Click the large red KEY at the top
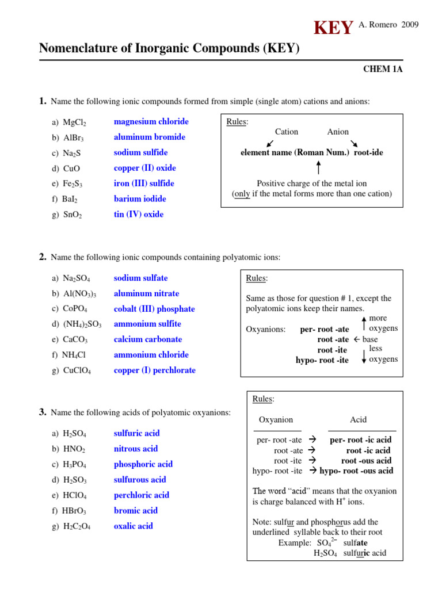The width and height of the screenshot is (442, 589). tap(333, 28)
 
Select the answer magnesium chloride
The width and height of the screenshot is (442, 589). tap(151, 122)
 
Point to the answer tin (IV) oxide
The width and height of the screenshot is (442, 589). tap(138, 215)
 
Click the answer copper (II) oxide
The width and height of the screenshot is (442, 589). tap(144, 169)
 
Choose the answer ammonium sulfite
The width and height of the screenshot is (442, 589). tap(147, 324)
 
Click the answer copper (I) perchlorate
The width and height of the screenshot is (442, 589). tap(154, 370)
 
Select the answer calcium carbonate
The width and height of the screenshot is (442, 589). tap(147, 340)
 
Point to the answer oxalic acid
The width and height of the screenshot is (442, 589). tap(133, 526)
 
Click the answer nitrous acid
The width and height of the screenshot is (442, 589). tap(135, 449)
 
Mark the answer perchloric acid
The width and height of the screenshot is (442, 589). tap(141, 495)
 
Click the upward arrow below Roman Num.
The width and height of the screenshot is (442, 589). tap(318, 168)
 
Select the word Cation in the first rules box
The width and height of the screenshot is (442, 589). tap(286, 132)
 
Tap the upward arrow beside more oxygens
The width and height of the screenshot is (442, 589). tap(364, 323)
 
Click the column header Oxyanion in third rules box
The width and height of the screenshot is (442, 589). tap(276, 420)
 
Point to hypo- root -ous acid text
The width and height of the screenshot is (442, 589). tap(356, 471)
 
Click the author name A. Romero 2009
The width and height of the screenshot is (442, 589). tap(388, 25)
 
